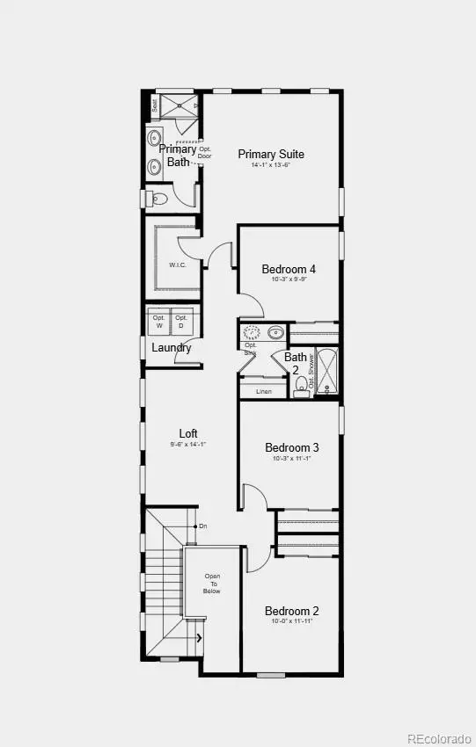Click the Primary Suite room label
click(271, 154)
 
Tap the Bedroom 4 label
click(289, 269)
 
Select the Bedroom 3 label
click(292, 447)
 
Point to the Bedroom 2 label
click(292, 611)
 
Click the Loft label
click(188, 433)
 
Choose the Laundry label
click(172, 348)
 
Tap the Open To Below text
click(212, 584)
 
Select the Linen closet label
click(263, 391)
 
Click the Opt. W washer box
click(158, 322)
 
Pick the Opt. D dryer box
click(181, 322)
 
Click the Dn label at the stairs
click(203, 526)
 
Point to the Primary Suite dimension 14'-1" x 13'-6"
click(271, 165)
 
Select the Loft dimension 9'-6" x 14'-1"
click(188, 445)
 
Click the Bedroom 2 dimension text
click(292, 621)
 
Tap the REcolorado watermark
click(439, 736)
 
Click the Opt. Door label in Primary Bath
click(205, 153)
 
